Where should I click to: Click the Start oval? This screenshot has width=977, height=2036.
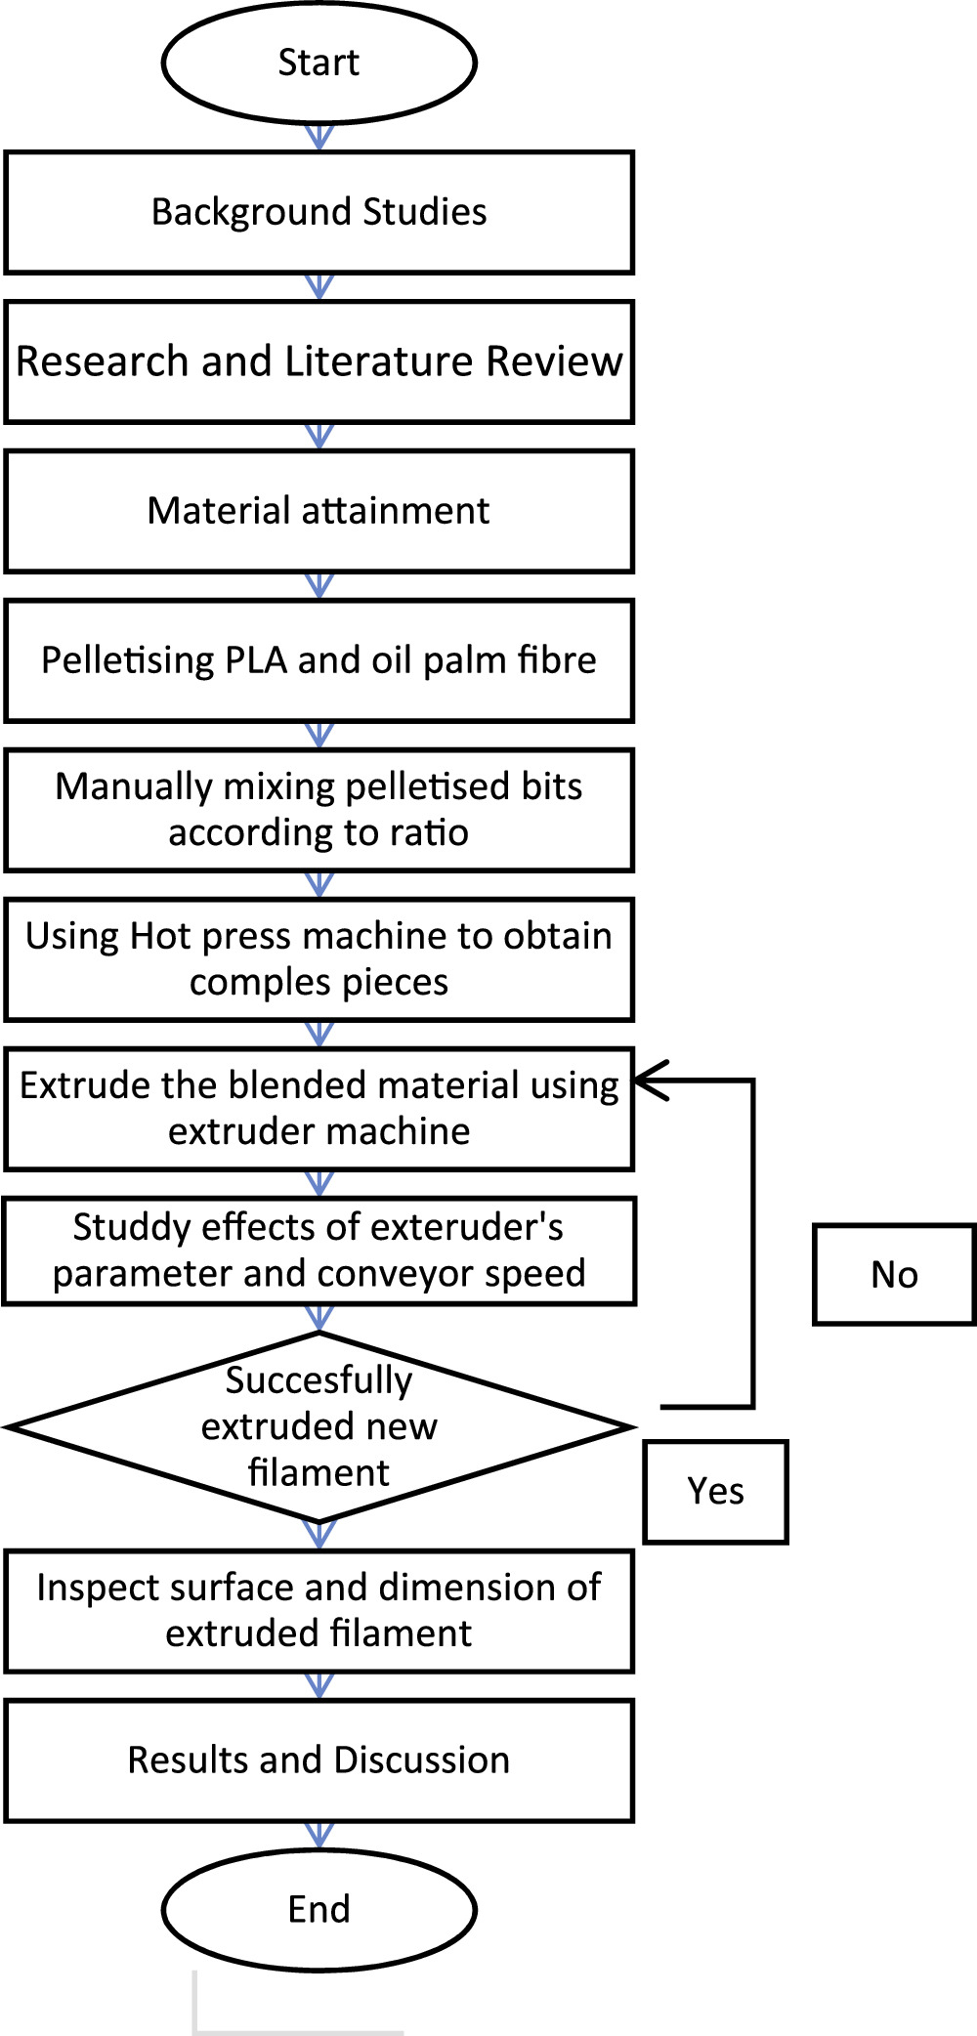pyautogui.click(x=319, y=63)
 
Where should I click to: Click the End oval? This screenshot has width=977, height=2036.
pyautogui.click(x=319, y=1909)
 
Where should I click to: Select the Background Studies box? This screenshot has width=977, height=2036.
pyautogui.click(x=319, y=212)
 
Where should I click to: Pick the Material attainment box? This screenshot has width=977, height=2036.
pyautogui.click(x=319, y=511)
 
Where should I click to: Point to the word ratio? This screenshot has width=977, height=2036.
pyautogui.click(x=429, y=833)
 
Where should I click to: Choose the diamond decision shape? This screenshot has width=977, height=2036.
pyautogui.click(x=319, y=1427)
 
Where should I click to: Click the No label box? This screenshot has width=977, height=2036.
pyautogui.click(x=893, y=1275)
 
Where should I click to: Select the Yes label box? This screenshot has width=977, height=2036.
pyautogui.click(x=715, y=1492)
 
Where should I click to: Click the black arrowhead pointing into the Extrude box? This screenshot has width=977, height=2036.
pyautogui.click(x=650, y=1081)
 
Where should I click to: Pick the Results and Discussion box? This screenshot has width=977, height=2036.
pyautogui.click(x=319, y=1760)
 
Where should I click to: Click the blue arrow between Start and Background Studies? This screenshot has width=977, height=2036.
pyautogui.click(x=319, y=137)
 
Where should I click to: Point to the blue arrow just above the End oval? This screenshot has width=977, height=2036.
pyautogui.click(x=319, y=1834)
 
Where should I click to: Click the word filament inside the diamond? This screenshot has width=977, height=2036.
pyautogui.click(x=319, y=1472)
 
